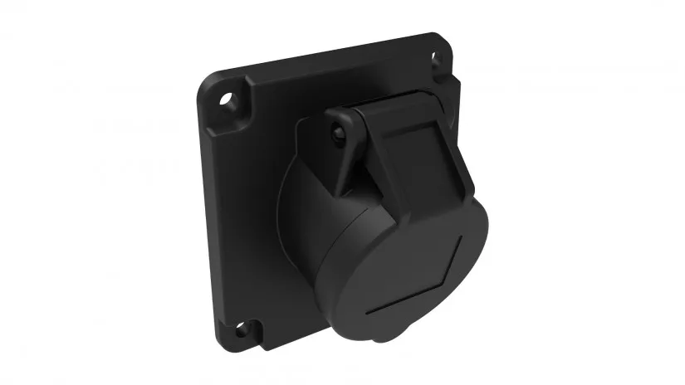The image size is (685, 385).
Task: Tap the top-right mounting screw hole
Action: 434,58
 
